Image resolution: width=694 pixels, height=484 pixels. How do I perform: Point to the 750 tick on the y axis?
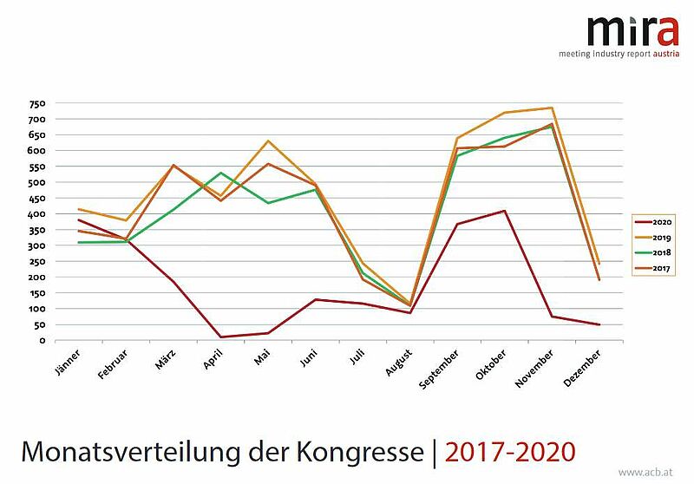[x=36, y=103]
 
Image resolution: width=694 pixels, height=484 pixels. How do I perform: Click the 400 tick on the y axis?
[x=36, y=214]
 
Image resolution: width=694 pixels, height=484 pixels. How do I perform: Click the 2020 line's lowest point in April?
[x=223, y=337]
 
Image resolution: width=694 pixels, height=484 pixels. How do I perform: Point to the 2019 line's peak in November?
[x=552, y=108]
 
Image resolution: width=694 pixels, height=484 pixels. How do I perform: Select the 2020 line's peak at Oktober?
[x=504, y=211]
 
